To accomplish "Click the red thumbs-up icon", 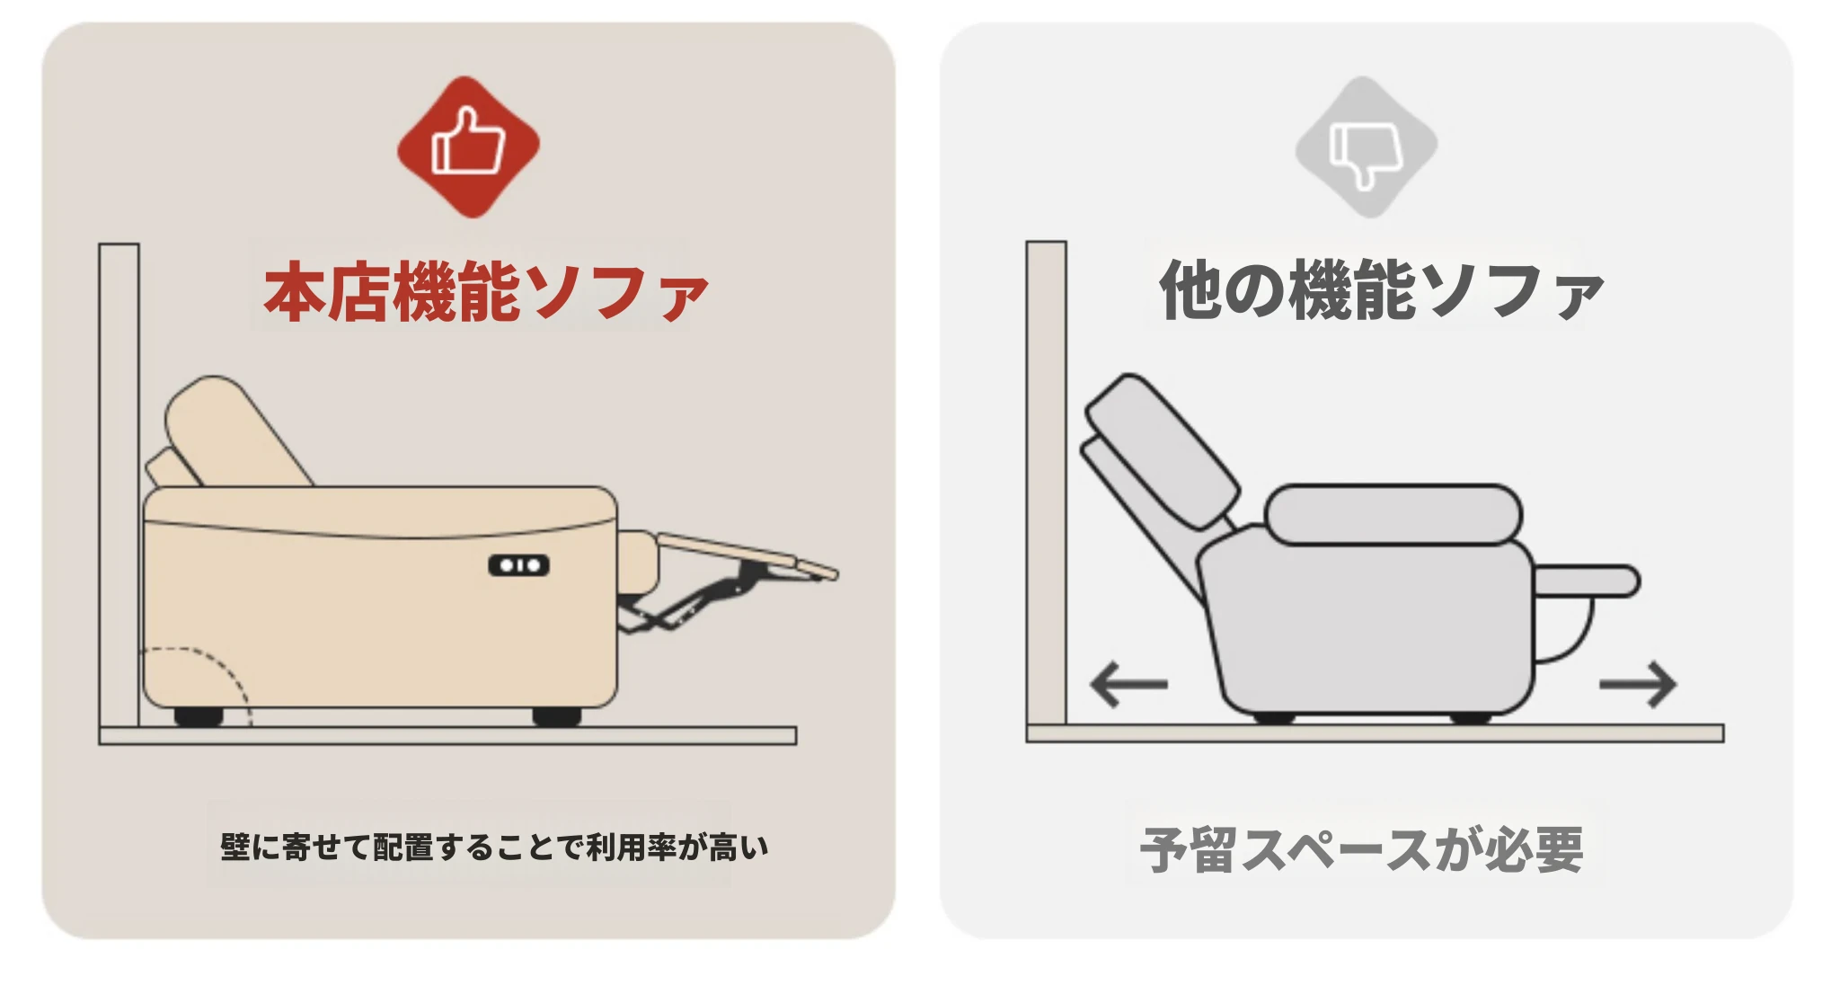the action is click(468, 146).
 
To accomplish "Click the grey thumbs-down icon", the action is click(1366, 146).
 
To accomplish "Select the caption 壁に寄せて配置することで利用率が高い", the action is click(494, 847).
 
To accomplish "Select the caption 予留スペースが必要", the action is click(1361, 849).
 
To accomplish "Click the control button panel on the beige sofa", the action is click(518, 565).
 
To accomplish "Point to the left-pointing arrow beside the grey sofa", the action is click(1128, 684).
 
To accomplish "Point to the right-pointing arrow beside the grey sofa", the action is click(1638, 685).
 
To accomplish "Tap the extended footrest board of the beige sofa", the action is click(747, 554).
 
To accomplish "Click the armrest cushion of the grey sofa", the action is click(1393, 515).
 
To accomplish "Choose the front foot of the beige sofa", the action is click(557, 716).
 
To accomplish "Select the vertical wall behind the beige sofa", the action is click(119, 485).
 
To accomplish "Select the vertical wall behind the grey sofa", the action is click(1047, 484).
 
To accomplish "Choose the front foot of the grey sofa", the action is click(1471, 717).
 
